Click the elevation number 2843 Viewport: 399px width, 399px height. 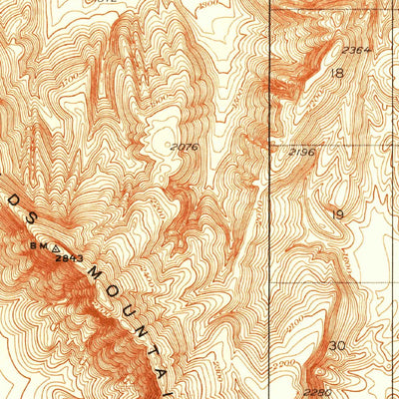pos(69,258)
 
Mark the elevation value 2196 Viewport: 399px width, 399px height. pos(302,153)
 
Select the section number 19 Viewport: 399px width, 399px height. pos(337,214)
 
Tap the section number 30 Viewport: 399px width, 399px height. pos(337,345)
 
